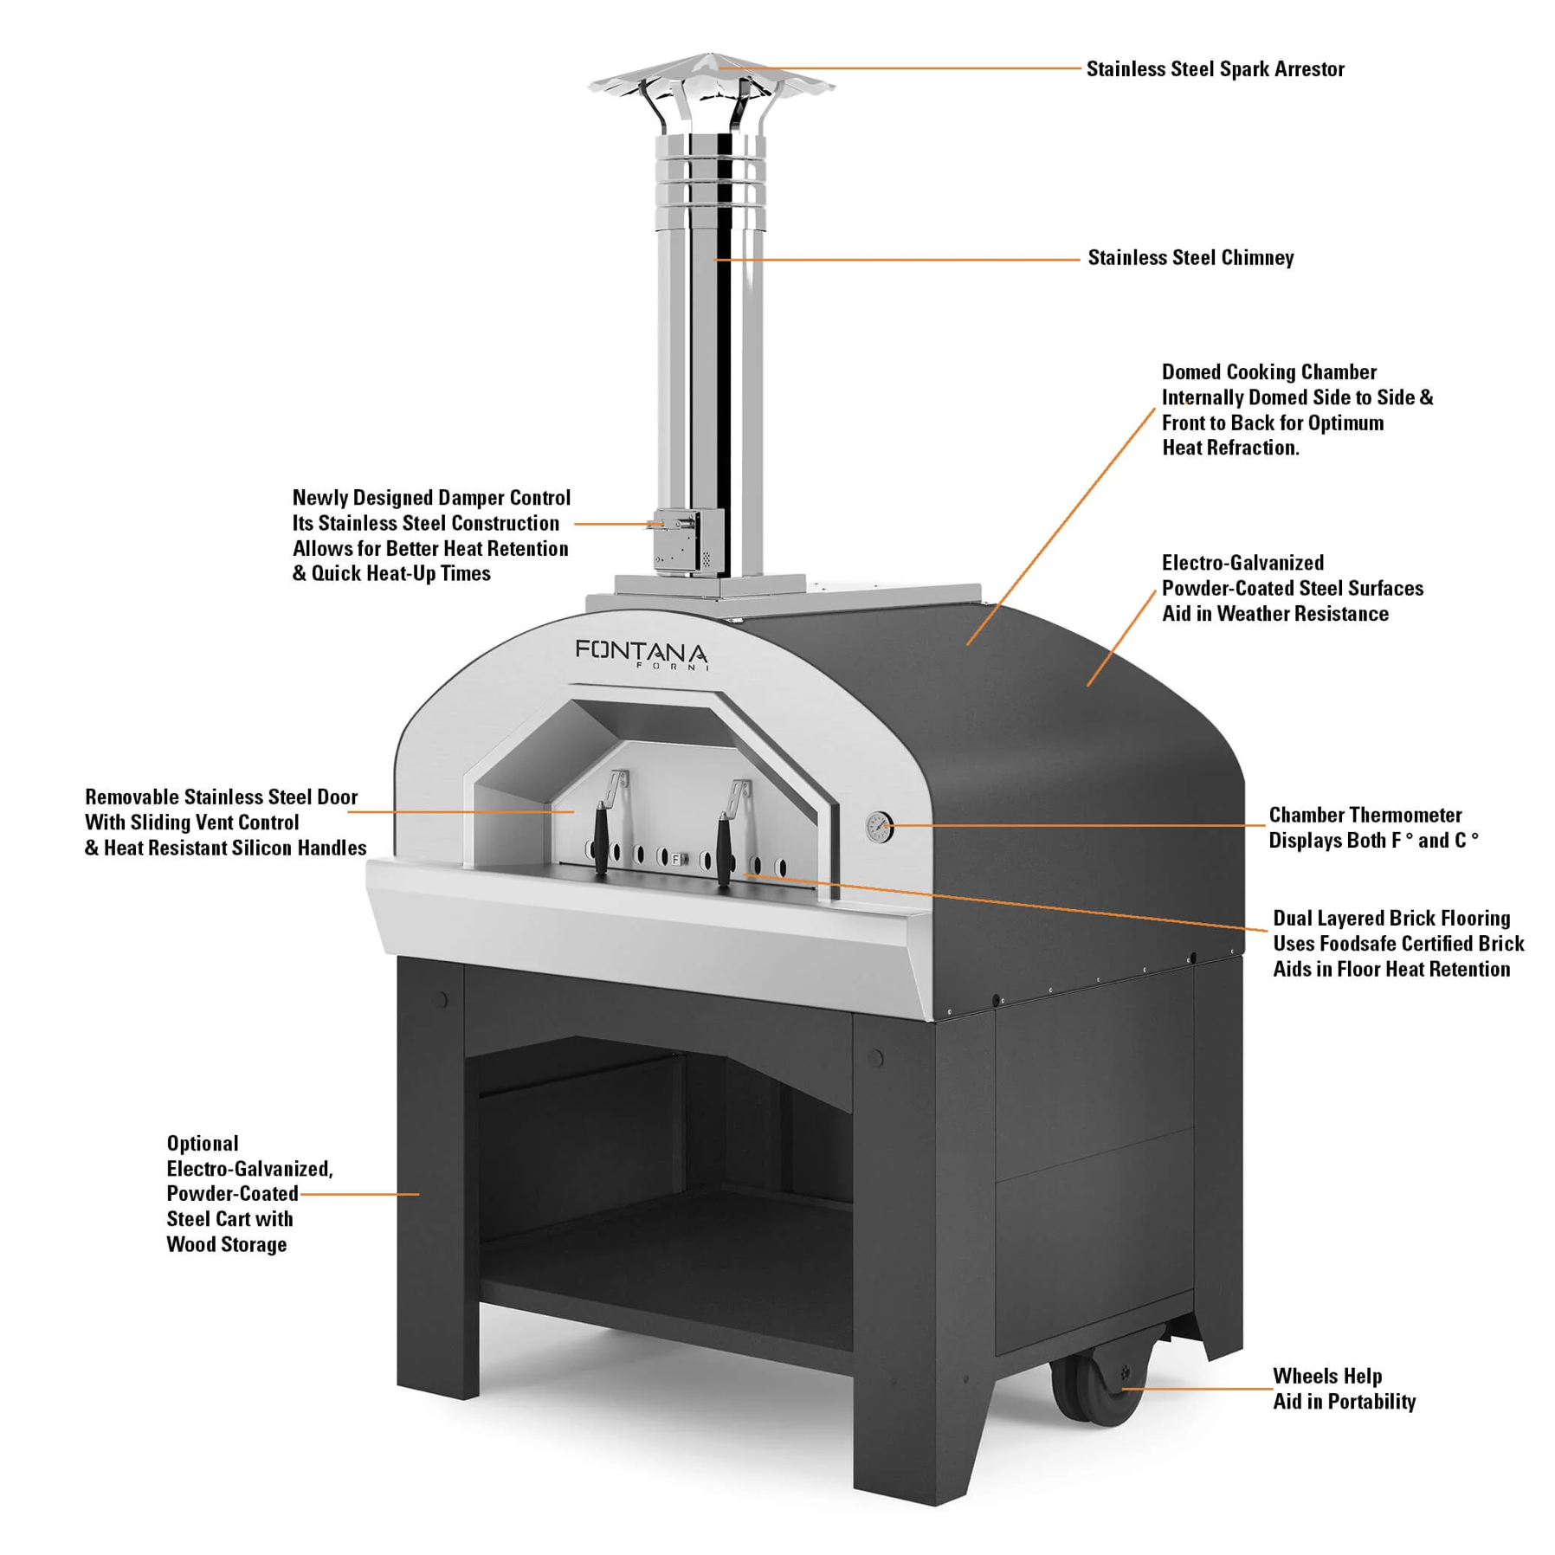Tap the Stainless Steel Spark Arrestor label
1215,69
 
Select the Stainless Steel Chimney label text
1190,258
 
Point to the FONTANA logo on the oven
641,651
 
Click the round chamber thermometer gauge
880,827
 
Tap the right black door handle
724,840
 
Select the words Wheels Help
1326,1376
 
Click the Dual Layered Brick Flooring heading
1390,918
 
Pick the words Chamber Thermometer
1365,815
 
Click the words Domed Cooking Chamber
1268,372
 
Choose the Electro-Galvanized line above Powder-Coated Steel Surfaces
1242,563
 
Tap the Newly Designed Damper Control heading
431,498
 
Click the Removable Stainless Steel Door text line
221,797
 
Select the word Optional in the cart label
203,1143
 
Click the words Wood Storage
226,1244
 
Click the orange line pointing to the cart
359,1194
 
